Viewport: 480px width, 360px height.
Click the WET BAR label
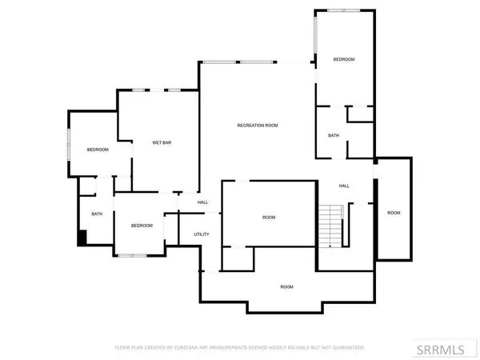(162, 143)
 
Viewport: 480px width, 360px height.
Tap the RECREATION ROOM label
(258, 126)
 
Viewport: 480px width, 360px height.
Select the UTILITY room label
(202, 234)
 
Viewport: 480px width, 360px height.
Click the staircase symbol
(330, 226)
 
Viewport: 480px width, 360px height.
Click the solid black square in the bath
(81, 238)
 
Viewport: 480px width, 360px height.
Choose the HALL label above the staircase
(344, 186)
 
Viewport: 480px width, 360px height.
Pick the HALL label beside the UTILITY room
(203, 202)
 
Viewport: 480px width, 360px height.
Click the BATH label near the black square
(97, 214)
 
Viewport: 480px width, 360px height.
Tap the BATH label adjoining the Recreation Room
(334, 135)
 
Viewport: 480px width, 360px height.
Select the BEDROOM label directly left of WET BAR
(98, 150)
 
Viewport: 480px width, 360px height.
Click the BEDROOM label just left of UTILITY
(142, 226)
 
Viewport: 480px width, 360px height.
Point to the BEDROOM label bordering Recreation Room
(344, 60)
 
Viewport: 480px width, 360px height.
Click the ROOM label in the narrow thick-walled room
(394, 213)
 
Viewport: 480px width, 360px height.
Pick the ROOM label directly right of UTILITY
(269, 218)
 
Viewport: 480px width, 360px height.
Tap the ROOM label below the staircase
(286, 286)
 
